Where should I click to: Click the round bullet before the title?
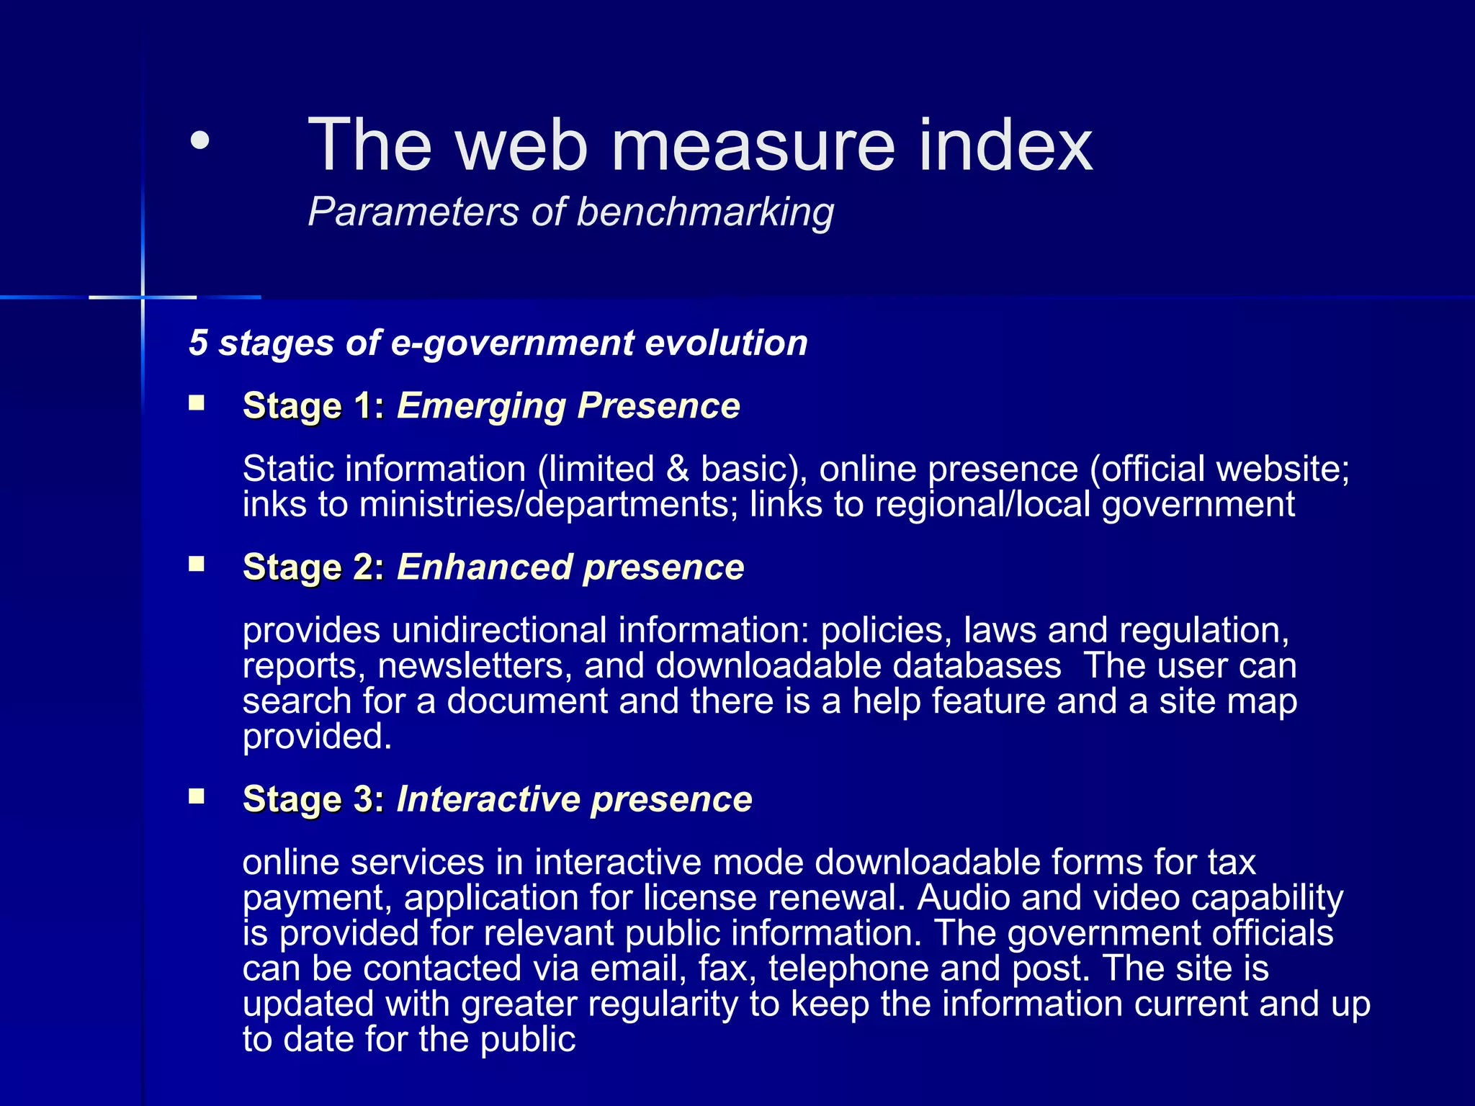coord(199,141)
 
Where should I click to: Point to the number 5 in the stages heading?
coord(198,343)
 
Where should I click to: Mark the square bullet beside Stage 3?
coord(197,796)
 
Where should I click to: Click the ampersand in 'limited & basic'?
coord(677,469)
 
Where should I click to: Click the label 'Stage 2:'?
coord(314,567)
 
